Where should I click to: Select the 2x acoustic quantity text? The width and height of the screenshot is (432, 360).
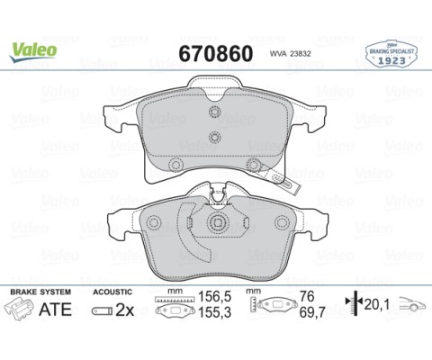[125, 311]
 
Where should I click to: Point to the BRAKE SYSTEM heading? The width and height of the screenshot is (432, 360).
[37, 292]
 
